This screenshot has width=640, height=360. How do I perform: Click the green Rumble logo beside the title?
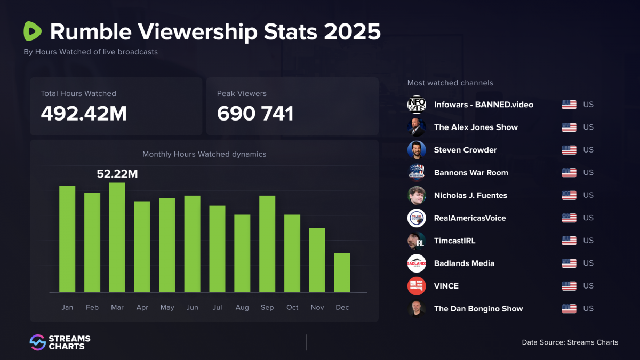pos(33,31)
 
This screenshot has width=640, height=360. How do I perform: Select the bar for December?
pos(342,273)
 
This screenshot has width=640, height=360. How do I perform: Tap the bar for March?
pos(117,237)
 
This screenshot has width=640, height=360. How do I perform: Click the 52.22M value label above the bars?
pos(117,173)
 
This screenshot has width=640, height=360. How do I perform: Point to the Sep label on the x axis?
pos(267,307)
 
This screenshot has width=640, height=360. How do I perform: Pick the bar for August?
pos(242,253)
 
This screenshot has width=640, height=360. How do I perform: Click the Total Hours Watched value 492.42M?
pos(84,113)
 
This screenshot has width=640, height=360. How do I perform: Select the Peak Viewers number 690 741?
pos(255,113)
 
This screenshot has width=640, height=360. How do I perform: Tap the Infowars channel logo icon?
pos(417,105)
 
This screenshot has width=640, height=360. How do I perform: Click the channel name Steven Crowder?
pos(465,150)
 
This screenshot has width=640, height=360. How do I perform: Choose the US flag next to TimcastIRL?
pos(569,241)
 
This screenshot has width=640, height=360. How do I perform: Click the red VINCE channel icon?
pos(417,286)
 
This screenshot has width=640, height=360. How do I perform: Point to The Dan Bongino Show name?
pos(478,309)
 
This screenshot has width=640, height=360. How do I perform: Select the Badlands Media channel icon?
pos(417,263)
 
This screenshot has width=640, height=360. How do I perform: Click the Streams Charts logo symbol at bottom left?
pos(37,342)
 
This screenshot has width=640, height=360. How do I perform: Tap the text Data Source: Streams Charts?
pos(570,342)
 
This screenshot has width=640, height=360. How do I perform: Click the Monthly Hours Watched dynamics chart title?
pos(204,154)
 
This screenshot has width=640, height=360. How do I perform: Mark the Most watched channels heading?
pos(450,83)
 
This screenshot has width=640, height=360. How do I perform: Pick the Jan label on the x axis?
pos(67,307)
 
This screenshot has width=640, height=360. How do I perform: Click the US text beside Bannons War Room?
pos(588,173)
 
